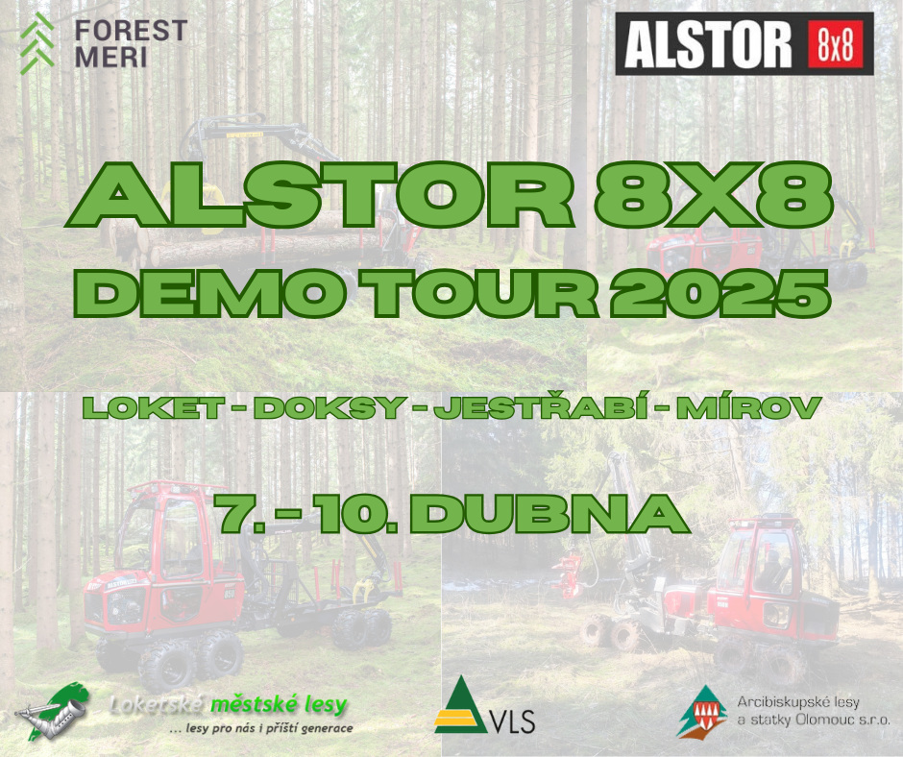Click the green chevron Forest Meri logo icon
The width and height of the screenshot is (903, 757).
pos(37,43)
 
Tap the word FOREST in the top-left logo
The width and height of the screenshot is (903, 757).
pos(132,31)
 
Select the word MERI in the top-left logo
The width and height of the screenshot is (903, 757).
pos(111,57)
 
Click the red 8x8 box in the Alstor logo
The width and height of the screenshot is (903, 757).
pos(835,44)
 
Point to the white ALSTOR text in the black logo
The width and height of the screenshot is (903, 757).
pos(708,44)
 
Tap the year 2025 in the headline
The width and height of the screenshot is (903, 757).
pos(720,294)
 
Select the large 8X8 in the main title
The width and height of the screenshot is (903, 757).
pos(715,195)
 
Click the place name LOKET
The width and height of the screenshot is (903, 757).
pos(154,408)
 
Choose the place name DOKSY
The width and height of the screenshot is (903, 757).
pos(330,408)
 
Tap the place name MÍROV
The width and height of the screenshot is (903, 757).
pos(748,406)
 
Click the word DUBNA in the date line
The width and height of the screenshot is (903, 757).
pos(550,513)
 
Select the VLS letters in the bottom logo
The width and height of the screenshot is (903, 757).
pos(512,721)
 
